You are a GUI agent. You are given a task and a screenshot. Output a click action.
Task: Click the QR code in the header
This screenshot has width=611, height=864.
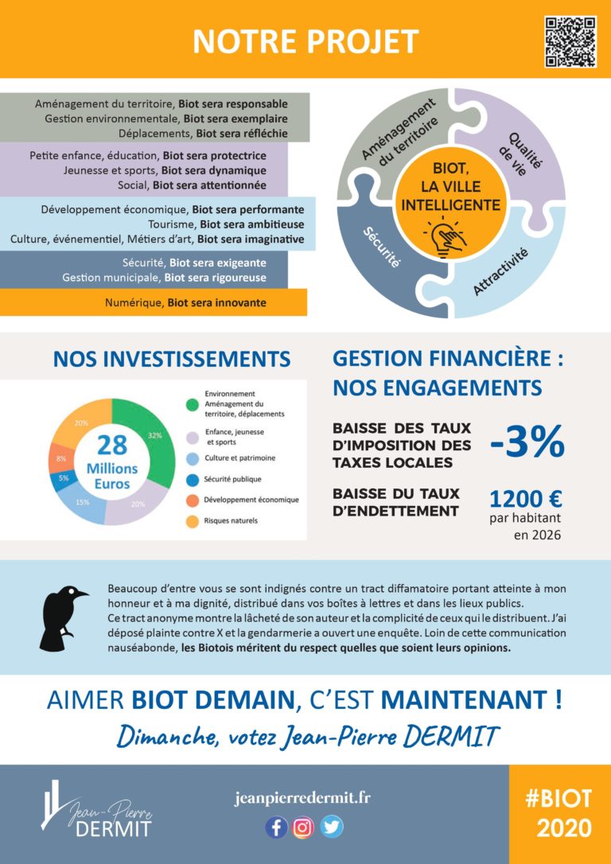click(x=570, y=41)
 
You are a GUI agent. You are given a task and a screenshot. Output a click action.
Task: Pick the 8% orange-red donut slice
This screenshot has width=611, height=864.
click(x=60, y=459)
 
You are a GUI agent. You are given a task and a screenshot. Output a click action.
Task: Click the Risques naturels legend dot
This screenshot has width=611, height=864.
click(x=192, y=521)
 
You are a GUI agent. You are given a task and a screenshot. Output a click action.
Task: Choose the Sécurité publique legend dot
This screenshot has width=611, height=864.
click(x=192, y=480)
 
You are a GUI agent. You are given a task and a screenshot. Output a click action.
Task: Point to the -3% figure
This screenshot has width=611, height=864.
click(x=527, y=442)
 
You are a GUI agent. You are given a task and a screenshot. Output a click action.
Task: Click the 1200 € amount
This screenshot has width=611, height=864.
click(x=525, y=499)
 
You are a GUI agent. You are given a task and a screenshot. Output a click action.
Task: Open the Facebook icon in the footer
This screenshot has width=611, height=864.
click(x=276, y=827)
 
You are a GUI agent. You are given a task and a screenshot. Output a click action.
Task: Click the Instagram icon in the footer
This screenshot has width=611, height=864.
click(x=303, y=827)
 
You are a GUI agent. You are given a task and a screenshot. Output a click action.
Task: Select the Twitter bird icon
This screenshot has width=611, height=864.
click(x=331, y=827)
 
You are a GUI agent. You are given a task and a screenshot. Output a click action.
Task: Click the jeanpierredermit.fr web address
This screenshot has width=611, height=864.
click(x=303, y=798)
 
